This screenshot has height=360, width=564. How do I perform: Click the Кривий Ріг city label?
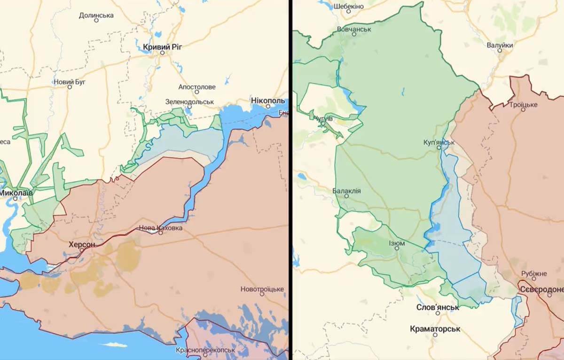coord(162,47)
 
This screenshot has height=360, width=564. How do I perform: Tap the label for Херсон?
coord(82,245)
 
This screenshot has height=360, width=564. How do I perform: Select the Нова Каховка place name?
coord(160,228)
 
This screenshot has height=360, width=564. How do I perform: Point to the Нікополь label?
coord(268,102)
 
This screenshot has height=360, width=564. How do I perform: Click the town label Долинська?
coord(96,16)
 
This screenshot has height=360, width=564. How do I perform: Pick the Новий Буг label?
coord(70,82)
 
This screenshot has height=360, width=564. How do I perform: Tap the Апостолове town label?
coord(197,87)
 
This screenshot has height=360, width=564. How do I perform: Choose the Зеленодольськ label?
coord(189,102)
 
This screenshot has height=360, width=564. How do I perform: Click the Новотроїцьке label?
coord(262,289)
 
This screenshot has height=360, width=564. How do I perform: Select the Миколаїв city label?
coord(16,193)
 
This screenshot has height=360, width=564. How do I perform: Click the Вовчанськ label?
coord(354,29)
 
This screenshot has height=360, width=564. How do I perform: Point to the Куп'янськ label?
coord(439,142)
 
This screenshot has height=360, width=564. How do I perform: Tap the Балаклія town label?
coord(346,191)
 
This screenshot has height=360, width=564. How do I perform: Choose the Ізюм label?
coord(396,243)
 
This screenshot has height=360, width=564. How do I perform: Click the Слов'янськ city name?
coord(438,307)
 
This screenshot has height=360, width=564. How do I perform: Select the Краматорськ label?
coord(435,329)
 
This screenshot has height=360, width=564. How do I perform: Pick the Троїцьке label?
coord(523,105)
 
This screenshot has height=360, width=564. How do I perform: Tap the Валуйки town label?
coord(500,45)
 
